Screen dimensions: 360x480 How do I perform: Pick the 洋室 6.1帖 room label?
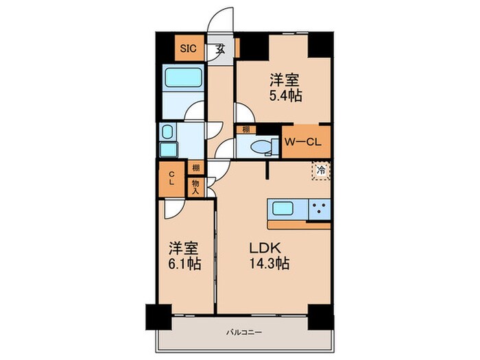coord(182,254)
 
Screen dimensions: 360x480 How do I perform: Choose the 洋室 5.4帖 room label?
coord(284,87)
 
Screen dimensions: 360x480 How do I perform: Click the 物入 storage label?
coord(195,187)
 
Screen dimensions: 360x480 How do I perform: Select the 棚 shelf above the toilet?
coord(245,128)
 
